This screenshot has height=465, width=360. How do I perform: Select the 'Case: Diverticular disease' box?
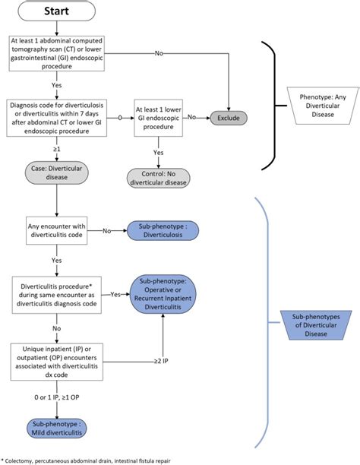[58, 172]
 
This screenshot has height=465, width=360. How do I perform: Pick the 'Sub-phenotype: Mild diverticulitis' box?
[58, 425]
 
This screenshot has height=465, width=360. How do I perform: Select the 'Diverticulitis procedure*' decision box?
[58, 293]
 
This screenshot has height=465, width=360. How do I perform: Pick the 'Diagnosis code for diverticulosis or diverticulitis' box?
[58, 119]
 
